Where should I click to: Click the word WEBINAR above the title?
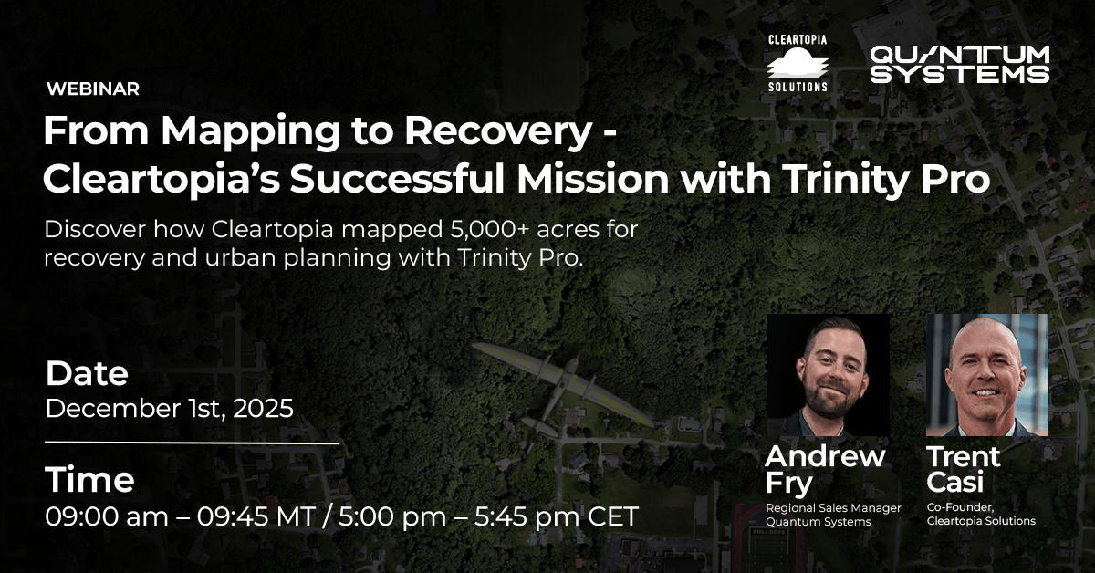91,89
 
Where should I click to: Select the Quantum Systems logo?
959,64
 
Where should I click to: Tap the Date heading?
87,373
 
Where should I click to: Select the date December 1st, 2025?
170,408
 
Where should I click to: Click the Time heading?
90,480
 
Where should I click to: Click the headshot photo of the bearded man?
829,375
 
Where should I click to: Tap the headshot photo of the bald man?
987,375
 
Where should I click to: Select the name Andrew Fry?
824,468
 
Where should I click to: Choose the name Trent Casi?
963,468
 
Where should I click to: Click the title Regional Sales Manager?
832,508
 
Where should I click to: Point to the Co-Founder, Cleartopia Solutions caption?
981,515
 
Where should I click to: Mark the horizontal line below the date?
193,443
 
